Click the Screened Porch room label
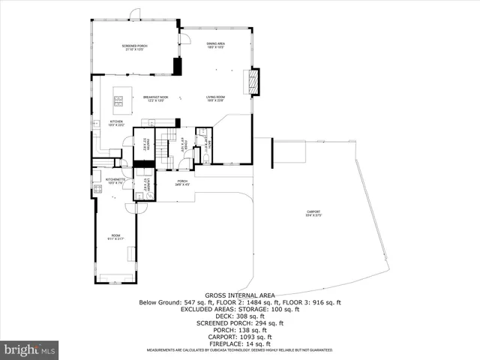tap(135, 47)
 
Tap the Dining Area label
tap(216, 45)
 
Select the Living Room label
tap(216, 98)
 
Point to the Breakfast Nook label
tap(156, 98)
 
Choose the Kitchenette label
tap(115, 181)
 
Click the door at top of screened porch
tap(135, 15)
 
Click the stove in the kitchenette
tap(97, 189)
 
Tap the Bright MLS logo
tap(29, 349)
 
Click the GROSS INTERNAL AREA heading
tap(239, 295)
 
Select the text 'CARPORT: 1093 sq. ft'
tap(239, 337)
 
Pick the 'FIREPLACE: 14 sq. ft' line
tap(239, 343)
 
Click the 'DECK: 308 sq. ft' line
tap(239, 316)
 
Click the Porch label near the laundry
tap(182, 182)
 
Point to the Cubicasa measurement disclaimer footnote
tap(239, 350)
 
